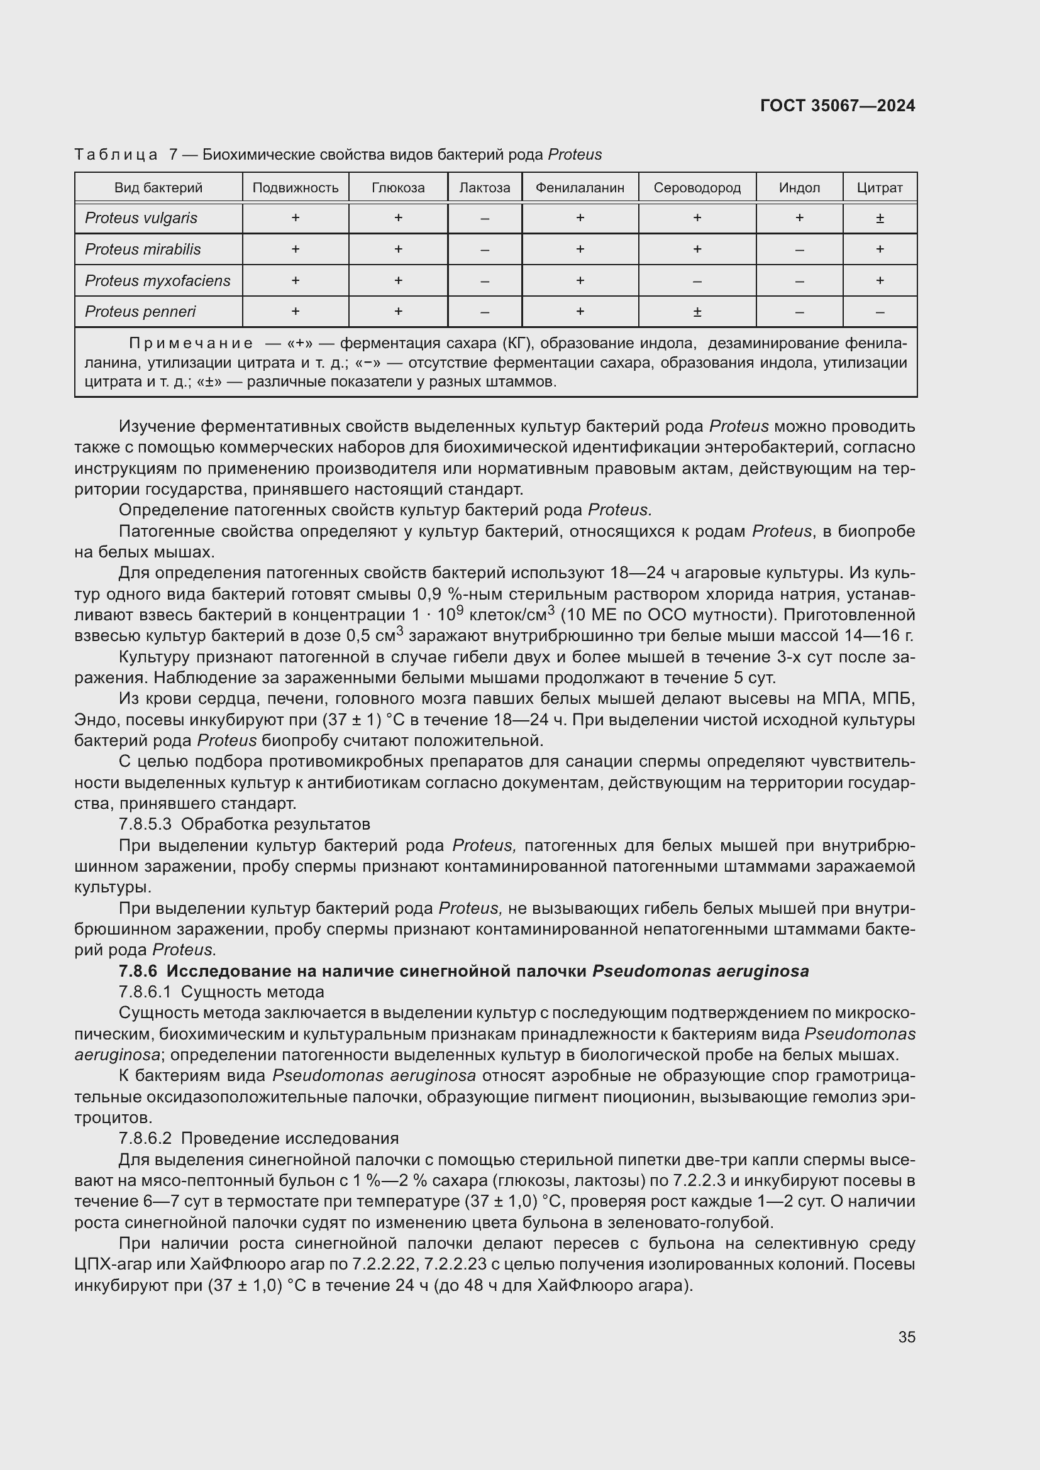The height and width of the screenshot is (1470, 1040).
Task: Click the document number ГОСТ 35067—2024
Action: (x=837, y=106)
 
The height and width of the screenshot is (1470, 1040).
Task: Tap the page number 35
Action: (x=906, y=1337)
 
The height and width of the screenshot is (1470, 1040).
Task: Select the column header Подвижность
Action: (x=296, y=187)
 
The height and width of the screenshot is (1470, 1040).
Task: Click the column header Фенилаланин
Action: (x=580, y=187)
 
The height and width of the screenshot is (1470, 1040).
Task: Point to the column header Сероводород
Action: (x=697, y=187)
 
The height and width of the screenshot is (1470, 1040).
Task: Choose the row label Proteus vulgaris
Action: (x=141, y=218)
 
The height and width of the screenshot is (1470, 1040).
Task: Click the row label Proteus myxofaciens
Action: (x=158, y=280)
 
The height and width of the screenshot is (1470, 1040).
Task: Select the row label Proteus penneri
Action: (x=140, y=312)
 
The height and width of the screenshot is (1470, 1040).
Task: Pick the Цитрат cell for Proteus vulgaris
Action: (x=879, y=218)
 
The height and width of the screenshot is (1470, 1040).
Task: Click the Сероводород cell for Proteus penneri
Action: (x=697, y=312)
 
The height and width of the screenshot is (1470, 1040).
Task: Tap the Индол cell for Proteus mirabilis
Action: (x=799, y=250)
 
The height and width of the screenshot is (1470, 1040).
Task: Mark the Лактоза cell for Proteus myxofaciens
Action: (x=484, y=281)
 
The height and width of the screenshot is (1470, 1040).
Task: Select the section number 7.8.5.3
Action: (x=145, y=824)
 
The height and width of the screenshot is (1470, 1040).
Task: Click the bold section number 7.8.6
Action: (x=138, y=971)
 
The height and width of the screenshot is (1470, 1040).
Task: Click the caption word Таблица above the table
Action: (x=116, y=155)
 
